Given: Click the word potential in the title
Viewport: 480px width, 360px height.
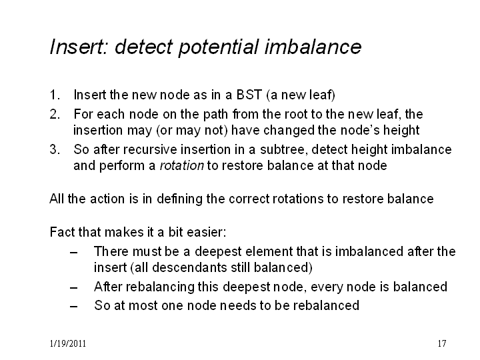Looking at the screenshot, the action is pyautogui.click(x=219, y=47).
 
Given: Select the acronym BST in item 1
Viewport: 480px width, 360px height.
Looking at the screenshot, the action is pyautogui.click(x=249, y=95).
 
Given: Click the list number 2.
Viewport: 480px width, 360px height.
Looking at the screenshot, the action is pyautogui.click(x=55, y=114).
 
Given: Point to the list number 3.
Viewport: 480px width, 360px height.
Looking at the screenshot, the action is pyautogui.click(x=55, y=149).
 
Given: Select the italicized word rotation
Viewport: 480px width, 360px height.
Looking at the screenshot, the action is pyautogui.click(x=182, y=165).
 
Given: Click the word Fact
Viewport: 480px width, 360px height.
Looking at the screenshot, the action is pyautogui.click(x=63, y=232).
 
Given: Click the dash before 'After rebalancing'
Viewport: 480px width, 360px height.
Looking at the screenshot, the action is pyautogui.click(x=73, y=288).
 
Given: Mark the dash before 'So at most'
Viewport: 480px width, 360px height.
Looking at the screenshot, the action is pyautogui.click(x=73, y=307).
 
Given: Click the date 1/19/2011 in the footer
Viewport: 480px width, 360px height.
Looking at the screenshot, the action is pyautogui.click(x=67, y=343).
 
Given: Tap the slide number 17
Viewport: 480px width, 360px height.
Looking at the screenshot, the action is pyautogui.click(x=442, y=343).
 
